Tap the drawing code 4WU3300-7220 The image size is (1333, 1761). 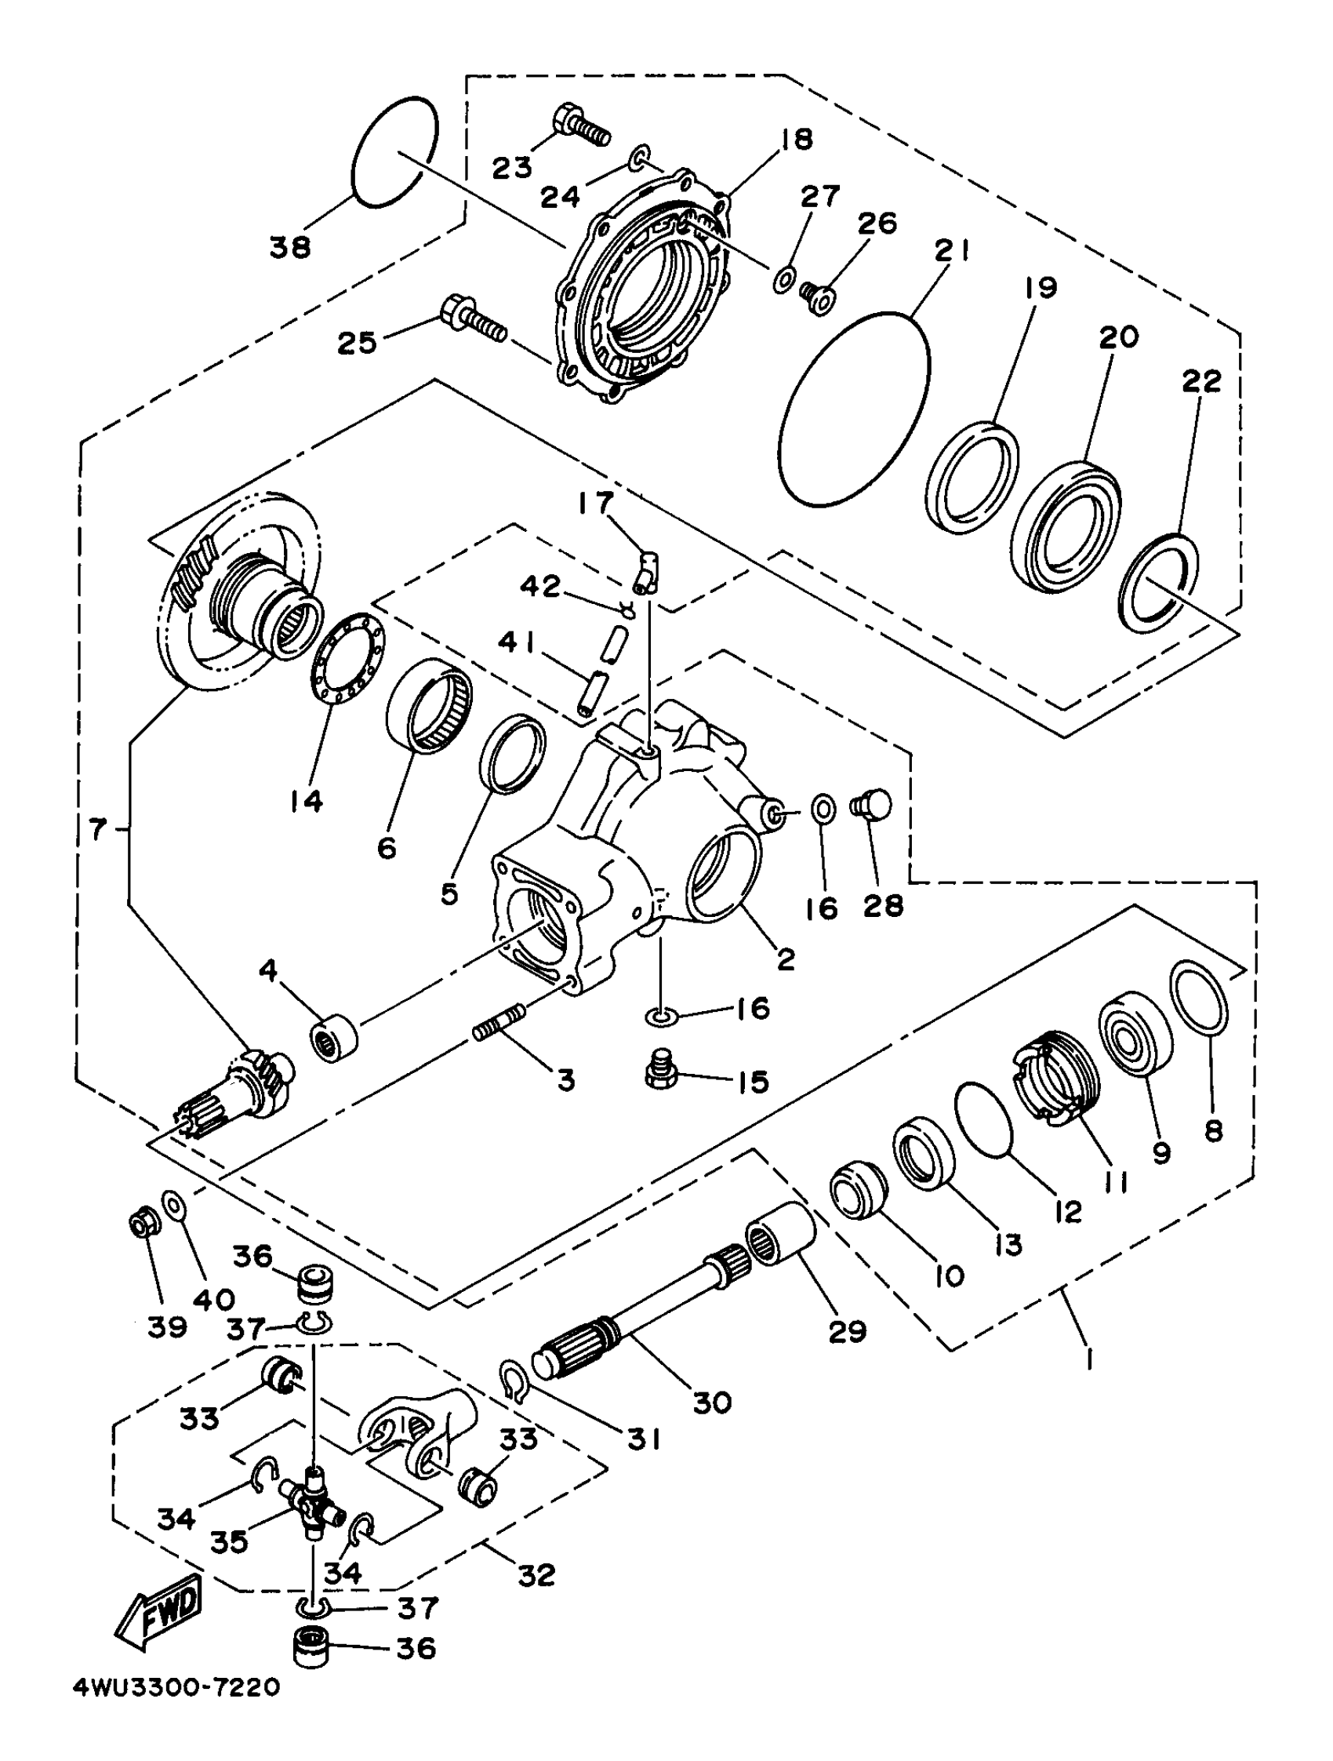point(176,1710)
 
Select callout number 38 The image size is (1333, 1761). point(289,248)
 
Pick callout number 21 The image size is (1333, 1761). point(952,253)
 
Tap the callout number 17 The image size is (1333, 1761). point(596,503)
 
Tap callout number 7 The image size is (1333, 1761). point(97,830)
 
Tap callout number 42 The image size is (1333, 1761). point(541,587)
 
